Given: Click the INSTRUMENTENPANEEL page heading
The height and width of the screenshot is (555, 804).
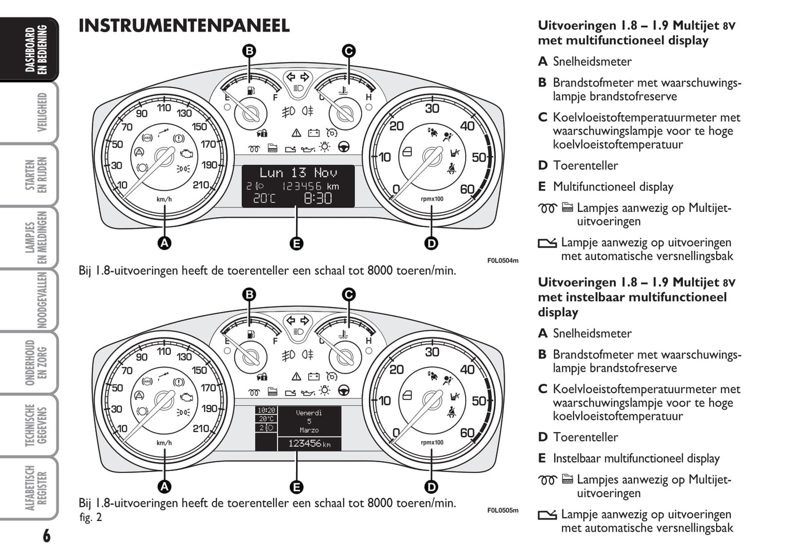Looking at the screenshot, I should coord(184,26).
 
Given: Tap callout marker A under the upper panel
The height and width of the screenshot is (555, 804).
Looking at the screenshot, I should coord(164,243).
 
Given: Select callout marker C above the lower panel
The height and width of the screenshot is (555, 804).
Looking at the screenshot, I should coord(348,295).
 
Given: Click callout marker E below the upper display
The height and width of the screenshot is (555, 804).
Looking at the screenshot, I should coord(297,243).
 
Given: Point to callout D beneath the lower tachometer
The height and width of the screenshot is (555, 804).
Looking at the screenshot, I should coord(431,487).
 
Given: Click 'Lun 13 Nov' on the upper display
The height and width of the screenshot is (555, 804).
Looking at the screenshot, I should coord(298,173).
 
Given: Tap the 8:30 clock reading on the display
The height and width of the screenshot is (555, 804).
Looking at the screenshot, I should coord(317,198).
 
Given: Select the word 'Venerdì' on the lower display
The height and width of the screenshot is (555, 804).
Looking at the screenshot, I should coord(309,413).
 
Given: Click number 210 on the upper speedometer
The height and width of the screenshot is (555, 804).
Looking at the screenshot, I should coord(201,185).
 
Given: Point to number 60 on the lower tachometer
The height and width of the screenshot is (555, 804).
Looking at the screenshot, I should coord(467,433).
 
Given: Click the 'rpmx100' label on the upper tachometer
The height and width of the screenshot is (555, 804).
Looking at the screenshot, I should coord(432,199).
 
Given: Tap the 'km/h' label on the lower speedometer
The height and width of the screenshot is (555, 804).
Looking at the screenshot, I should coord(164,443).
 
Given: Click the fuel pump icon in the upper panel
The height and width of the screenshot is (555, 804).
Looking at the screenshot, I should coord(251,90).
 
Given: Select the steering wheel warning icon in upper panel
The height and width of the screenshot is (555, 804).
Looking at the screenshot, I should coord(344,147).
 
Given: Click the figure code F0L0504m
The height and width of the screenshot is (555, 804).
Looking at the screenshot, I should coord(502,260).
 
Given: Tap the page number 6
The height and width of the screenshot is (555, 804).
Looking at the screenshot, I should coord(46,536).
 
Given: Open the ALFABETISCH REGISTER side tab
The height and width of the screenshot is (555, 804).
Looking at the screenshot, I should coord(36,488).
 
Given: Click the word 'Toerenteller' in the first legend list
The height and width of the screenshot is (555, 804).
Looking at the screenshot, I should coord(585,166).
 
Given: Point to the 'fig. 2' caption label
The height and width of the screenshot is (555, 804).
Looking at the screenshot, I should coord(91,517).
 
